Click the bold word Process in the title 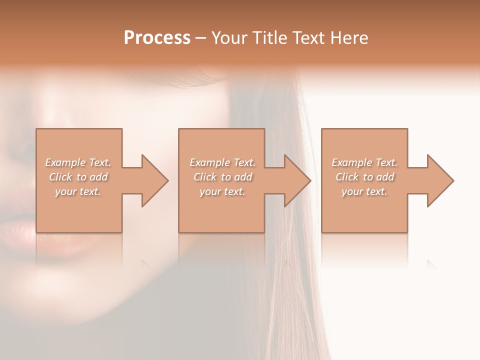click(x=157, y=38)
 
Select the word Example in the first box click(x=65, y=162)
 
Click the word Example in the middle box click(x=209, y=162)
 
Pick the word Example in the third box click(x=351, y=162)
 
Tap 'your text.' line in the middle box click(x=222, y=191)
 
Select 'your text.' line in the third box click(x=364, y=191)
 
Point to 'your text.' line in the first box click(x=78, y=191)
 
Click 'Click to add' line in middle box click(x=222, y=177)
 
